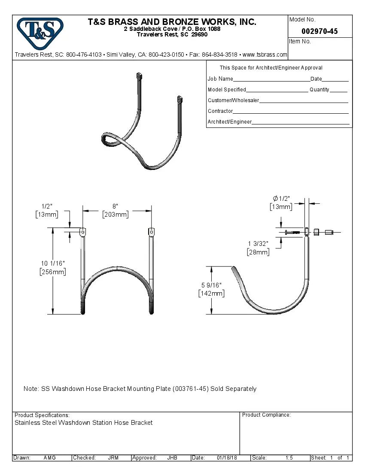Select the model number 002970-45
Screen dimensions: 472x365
point(319,31)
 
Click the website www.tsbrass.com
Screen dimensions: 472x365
point(265,54)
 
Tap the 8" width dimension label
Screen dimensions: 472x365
point(115,206)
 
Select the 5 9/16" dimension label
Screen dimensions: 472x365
point(211,285)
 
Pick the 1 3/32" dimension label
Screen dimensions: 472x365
point(258,244)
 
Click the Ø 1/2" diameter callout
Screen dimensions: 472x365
point(281,198)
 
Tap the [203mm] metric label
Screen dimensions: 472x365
point(115,215)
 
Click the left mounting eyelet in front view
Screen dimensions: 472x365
point(82,232)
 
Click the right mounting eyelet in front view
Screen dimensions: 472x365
point(151,232)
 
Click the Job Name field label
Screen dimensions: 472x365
point(220,79)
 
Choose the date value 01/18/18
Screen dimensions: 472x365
point(227,458)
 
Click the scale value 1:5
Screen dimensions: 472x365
point(289,458)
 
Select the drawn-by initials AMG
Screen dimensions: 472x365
point(49,458)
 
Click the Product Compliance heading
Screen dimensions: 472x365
point(266,415)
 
